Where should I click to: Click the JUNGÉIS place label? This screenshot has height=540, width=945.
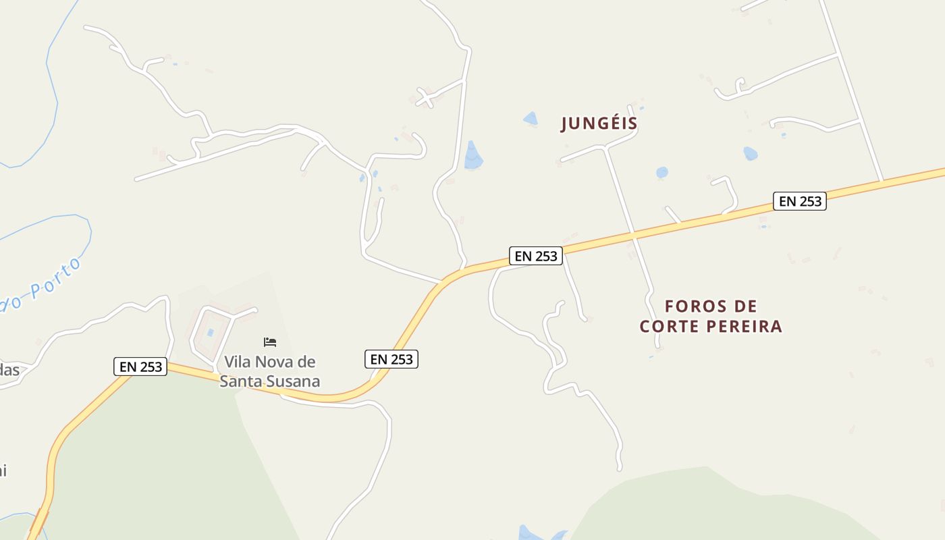click(599, 124)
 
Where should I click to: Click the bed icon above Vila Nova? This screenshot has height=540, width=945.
click(270, 342)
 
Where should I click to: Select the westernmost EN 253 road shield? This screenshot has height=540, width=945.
click(140, 367)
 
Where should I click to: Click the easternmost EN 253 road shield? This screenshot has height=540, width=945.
click(800, 201)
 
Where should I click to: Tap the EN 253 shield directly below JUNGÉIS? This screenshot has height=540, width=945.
click(536, 256)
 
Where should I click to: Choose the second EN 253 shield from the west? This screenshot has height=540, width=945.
click(391, 359)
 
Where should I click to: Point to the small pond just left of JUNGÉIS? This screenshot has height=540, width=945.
click(531, 119)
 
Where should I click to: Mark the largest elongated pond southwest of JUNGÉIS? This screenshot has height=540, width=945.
click(473, 156)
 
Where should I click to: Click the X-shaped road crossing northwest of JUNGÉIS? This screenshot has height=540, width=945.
click(425, 97)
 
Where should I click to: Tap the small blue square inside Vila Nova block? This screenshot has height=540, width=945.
click(210, 332)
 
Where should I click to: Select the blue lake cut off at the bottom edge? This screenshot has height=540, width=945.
click(540, 533)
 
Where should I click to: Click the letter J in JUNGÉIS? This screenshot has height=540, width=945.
click(566, 124)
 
